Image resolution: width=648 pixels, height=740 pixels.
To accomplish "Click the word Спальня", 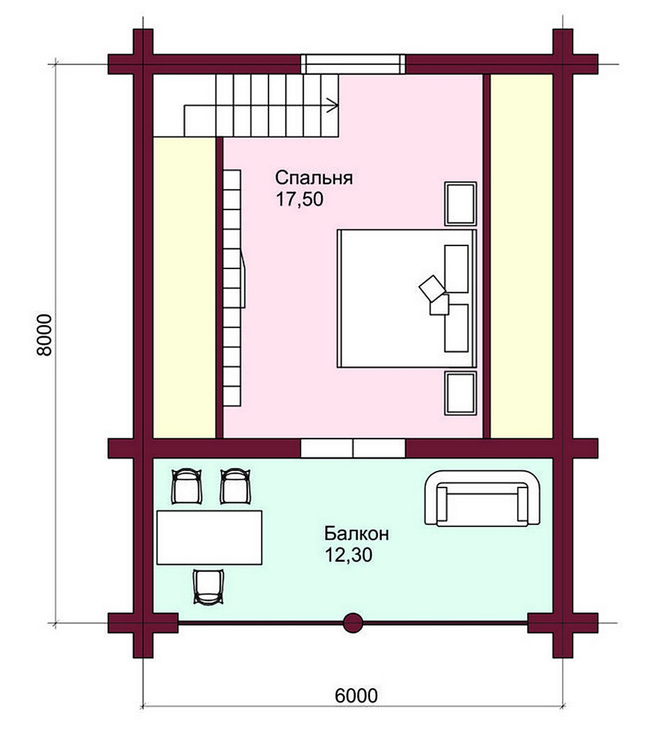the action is pos(313,178).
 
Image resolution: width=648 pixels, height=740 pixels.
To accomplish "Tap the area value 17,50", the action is pos(300,200).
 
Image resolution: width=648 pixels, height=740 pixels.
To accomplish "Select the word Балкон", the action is pos(356,533).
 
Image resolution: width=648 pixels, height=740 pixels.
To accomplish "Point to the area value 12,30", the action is pos(348,555).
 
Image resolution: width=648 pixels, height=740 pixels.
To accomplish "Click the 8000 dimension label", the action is pos(45,336).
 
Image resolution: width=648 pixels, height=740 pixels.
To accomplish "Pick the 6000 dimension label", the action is pos(356,695).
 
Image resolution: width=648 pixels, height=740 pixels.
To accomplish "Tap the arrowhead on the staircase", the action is pos(333,105).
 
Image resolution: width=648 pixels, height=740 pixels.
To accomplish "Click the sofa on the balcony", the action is pos(482,498).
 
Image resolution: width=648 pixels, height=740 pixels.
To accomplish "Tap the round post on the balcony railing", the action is pos(353,623).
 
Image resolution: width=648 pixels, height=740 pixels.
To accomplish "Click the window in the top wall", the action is pos(353,64).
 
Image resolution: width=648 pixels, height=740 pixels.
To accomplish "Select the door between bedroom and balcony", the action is pos(353,448).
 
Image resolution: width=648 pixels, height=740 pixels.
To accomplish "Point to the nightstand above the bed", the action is pos(460,204).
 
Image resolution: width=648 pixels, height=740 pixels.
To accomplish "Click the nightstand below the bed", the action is pos(460,393).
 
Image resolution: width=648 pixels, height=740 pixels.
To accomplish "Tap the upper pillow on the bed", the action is pos(456,268).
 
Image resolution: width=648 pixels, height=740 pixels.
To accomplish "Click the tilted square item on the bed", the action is pos(432,288).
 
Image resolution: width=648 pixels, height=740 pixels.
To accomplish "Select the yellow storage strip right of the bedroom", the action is pos(521,257).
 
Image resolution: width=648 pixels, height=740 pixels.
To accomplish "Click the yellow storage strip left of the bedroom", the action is pos(184,287).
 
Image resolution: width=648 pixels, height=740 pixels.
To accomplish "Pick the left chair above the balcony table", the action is pos(186,486).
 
